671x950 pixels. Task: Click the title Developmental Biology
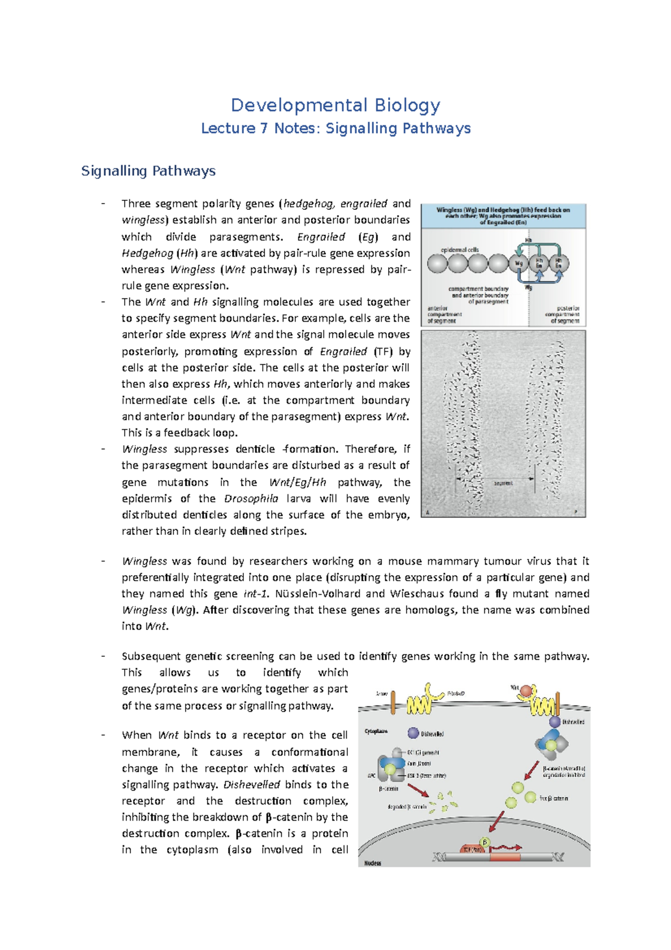(335, 105)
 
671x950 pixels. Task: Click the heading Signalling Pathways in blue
(148, 171)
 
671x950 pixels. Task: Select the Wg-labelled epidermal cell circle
(519, 263)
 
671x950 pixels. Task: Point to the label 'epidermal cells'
(460, 250)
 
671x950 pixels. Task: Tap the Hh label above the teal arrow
(528, 241)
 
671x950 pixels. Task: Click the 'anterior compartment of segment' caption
(442, 314)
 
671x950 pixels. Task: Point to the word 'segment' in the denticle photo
(503, 483)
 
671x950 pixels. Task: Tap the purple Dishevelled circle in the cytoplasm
(413, 733)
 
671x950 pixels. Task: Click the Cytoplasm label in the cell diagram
(376, 731)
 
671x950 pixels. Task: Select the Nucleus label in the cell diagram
(373, 863)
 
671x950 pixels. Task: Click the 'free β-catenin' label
(554, 798)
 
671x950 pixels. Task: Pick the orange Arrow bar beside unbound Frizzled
(393, 703)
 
